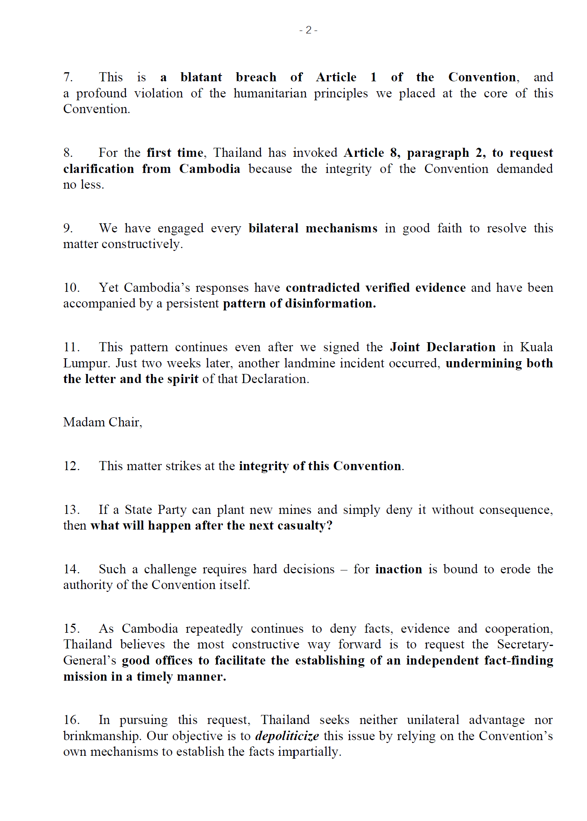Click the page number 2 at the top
308,30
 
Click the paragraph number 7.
68,77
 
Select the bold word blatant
201,77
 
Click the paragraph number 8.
68,153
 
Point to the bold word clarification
99,169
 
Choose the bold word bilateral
273,228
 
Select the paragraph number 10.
71,288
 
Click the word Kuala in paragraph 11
536,347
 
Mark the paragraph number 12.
71,466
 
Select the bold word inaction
398,569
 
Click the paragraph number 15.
71,629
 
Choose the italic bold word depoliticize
287,736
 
